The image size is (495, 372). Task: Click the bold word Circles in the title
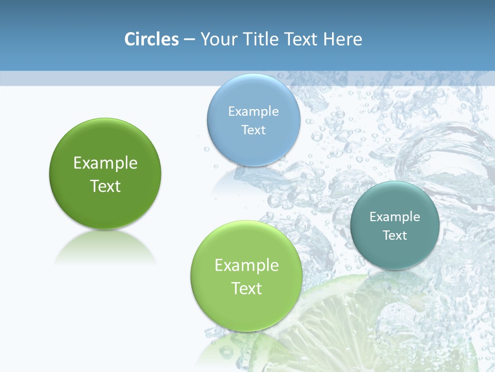152,39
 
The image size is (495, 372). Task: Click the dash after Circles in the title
189,40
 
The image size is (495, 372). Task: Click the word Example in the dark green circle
105,163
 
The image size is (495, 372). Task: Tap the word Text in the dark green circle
105,186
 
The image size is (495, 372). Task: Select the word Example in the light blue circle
253,111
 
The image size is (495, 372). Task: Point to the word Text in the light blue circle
253,130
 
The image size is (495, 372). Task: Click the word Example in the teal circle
395,216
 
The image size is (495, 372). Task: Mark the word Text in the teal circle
395,235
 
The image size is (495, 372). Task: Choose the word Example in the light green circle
246,265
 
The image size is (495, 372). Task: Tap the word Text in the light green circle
246,288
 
